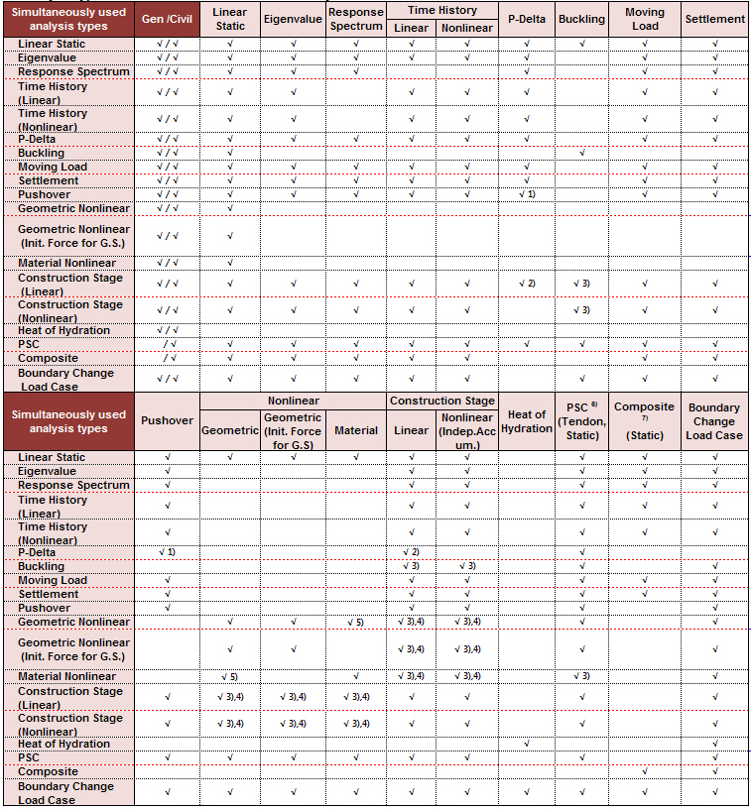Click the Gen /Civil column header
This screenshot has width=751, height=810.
point(168,20)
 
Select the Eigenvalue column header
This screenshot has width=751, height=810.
point(294,20)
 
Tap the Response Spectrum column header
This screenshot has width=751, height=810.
point(355,20)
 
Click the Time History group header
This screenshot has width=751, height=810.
point(441,10)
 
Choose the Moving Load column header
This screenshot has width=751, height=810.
point(645,20)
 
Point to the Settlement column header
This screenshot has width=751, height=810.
point(714,20)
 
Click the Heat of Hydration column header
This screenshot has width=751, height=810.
point(527,421)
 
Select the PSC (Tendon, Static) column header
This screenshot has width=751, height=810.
point(581,421)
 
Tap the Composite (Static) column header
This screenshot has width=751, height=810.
point(644,420)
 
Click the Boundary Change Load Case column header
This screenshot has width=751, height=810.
point(714,421)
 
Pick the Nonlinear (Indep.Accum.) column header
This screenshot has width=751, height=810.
point(466,430)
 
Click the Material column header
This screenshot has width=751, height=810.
point(356,430)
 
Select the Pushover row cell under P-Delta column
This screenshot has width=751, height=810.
point(527,194)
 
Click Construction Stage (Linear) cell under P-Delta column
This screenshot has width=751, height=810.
point(527,284)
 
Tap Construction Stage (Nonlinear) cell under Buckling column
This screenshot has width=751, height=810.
point(581,310)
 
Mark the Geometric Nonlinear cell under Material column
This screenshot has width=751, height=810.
point(356,623)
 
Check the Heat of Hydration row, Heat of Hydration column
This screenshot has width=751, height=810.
point(527,744)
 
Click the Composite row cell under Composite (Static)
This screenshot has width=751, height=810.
point(644,771)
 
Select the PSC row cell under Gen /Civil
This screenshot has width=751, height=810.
point(168,344)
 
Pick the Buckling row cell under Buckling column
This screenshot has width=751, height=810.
point(581,153)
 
